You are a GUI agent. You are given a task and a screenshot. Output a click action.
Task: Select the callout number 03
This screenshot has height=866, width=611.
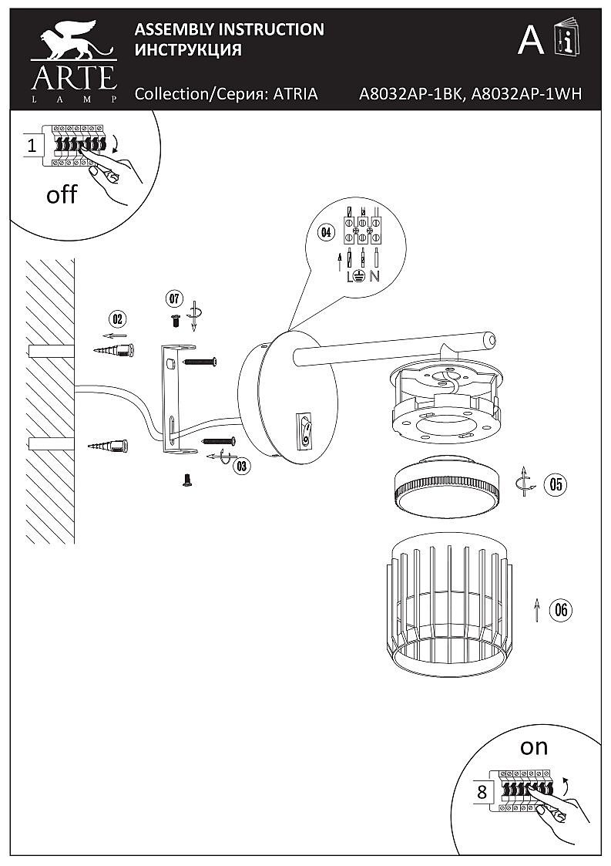coord(241,465)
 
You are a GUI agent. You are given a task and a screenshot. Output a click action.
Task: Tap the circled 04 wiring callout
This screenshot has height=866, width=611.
coord(326,232)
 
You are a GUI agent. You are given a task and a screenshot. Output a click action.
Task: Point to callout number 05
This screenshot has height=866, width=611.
coord(555,484)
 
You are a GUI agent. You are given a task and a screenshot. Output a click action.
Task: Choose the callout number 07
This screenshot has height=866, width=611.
coord(173,298)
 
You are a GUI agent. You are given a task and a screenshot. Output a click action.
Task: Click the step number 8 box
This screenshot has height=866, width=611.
coord(482,791)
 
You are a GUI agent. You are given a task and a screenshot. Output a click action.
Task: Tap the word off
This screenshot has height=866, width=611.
coord(62,194)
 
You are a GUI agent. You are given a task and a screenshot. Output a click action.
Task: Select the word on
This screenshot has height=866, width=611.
coord(534,746)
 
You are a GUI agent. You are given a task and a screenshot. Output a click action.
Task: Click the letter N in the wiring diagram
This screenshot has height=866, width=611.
coord(374,276)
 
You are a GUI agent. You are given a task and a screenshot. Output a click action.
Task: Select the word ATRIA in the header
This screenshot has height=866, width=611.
coord(296,94)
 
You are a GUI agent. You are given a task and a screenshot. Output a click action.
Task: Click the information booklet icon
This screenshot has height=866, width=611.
coord(565,39)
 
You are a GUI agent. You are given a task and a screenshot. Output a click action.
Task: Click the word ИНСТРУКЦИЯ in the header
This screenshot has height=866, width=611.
coord(189,50)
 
